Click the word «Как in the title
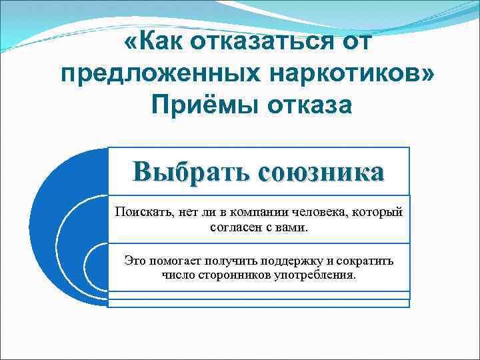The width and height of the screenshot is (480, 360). point(155,44)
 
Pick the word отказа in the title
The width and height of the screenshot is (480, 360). point(306,104)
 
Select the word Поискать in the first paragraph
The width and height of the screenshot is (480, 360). point(141,213)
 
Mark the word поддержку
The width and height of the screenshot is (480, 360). point(299,261)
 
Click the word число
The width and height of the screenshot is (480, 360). point(177,275)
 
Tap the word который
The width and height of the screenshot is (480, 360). point(379,213)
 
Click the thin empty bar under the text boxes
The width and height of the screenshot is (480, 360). point(259,303)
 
